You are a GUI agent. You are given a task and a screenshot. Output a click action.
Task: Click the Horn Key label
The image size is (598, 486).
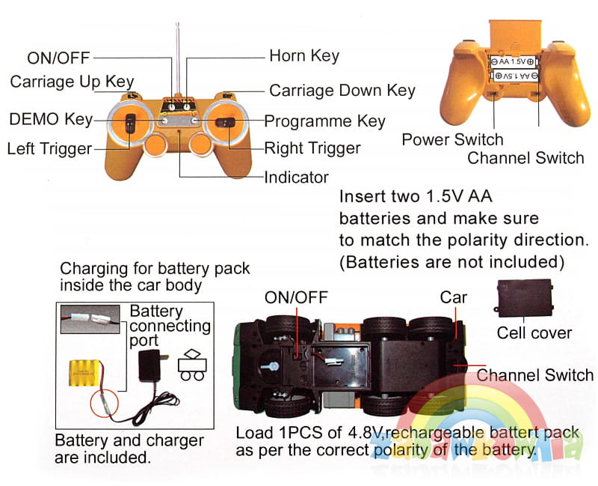tap(304, 56)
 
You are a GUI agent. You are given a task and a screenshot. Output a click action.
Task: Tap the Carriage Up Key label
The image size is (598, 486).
tap(72, 82)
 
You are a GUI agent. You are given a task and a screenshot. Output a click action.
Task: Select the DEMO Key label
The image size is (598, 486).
tap(51, 119)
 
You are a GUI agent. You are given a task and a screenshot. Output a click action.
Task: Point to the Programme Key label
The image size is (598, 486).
tap(325, 121)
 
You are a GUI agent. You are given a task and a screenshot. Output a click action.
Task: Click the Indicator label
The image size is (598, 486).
tap(296, 177)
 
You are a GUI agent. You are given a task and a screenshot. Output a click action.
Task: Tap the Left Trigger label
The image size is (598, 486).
tap(49, 148)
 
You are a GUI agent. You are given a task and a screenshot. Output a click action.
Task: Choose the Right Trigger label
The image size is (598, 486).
tap(312, 148)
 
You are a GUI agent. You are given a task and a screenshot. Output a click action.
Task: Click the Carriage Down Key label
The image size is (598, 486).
tap(342, 91)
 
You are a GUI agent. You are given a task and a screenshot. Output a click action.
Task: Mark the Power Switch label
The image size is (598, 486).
tap(452, 139)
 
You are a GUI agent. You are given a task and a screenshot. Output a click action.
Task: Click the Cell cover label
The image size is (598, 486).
tap(534, 332)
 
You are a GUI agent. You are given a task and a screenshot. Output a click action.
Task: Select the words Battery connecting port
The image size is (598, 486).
tap(170, 326)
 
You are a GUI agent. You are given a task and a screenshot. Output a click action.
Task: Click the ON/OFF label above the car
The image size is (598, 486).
tap(296, 297)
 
